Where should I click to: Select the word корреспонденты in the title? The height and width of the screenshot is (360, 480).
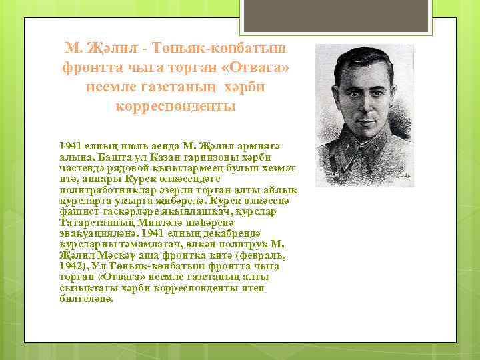pyautogui.click(x=175, y=106)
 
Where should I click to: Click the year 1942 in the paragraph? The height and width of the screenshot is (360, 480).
pyautogui.click(x=71, y=265)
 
